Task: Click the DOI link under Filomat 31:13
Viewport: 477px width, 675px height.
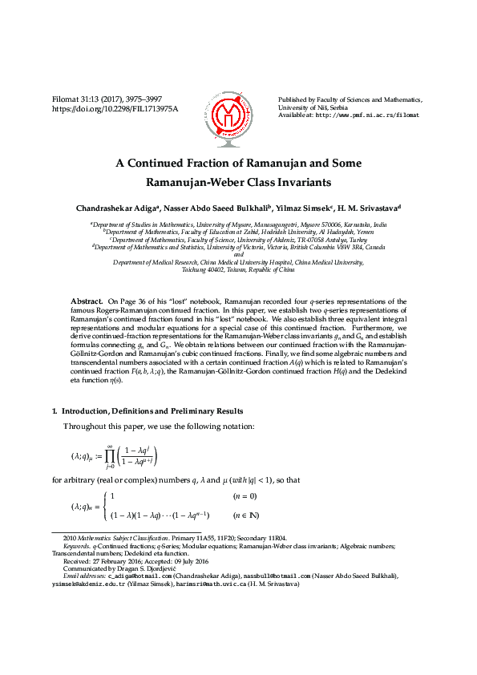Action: pyautogui.click(x=115, y=107)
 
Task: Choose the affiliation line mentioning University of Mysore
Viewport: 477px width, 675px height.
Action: pyautogui.click(x=238, y=226)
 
